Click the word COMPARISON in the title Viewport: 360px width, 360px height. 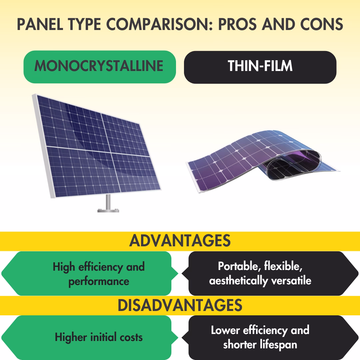coord(146,25)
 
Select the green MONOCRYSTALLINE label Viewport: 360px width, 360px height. coord(99,66)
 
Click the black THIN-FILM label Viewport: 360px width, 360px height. coord(260,66)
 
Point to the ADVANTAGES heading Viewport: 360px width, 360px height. coord(180,241)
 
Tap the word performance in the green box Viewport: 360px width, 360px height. coord(99,281)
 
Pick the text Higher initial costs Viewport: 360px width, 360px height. coord(99,337)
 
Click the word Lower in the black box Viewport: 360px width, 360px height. coord(225,330)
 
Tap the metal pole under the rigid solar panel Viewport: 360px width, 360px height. coord(108,201)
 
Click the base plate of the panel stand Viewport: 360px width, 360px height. coord(108,210)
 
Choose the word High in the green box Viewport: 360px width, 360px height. coord(64,267)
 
